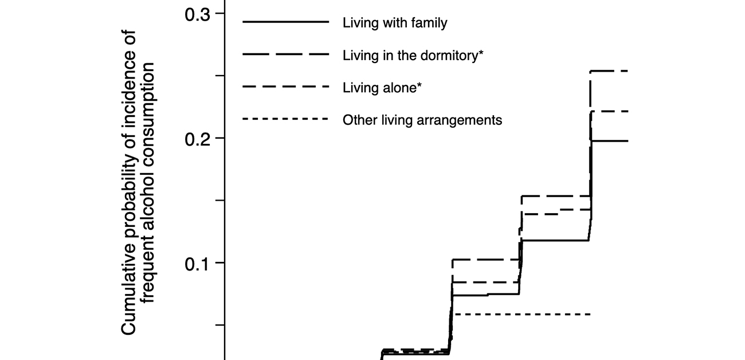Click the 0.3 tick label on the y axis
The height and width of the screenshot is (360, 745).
(x=196, y=14)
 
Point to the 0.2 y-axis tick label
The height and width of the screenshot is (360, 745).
(x=196, y=139)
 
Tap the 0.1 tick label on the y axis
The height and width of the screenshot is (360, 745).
(x=196, y=263)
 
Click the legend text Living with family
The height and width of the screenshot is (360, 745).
(x=395, y=23)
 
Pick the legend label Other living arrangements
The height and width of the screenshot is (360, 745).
(x=422, y=120)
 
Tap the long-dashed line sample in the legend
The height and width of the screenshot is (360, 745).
(x=286, y=55)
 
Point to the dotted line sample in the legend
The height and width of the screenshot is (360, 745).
(x=286, y=120)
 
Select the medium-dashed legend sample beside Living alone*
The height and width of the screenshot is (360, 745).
(x=286, y=87)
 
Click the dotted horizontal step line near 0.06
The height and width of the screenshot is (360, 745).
(x=521, y=314)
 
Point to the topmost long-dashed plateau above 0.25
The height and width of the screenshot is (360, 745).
(x=610, y=71)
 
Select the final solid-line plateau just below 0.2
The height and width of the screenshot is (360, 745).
(x=610, y=141)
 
